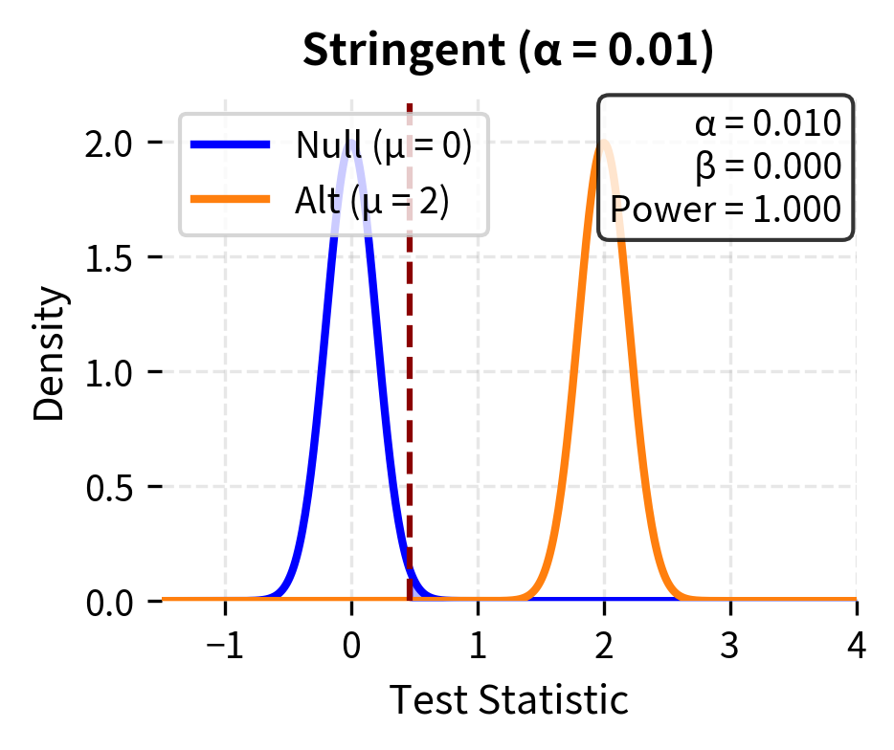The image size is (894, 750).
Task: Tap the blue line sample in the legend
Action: [230, 145]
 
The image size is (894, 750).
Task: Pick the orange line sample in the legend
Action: [230, 201]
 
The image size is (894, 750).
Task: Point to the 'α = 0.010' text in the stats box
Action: [768, 124]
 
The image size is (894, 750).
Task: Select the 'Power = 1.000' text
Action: [726, 208]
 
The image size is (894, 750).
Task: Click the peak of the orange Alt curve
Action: [604, 143]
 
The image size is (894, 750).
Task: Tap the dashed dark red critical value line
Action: [410, 383]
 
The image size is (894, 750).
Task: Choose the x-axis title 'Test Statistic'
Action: [508, 700]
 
